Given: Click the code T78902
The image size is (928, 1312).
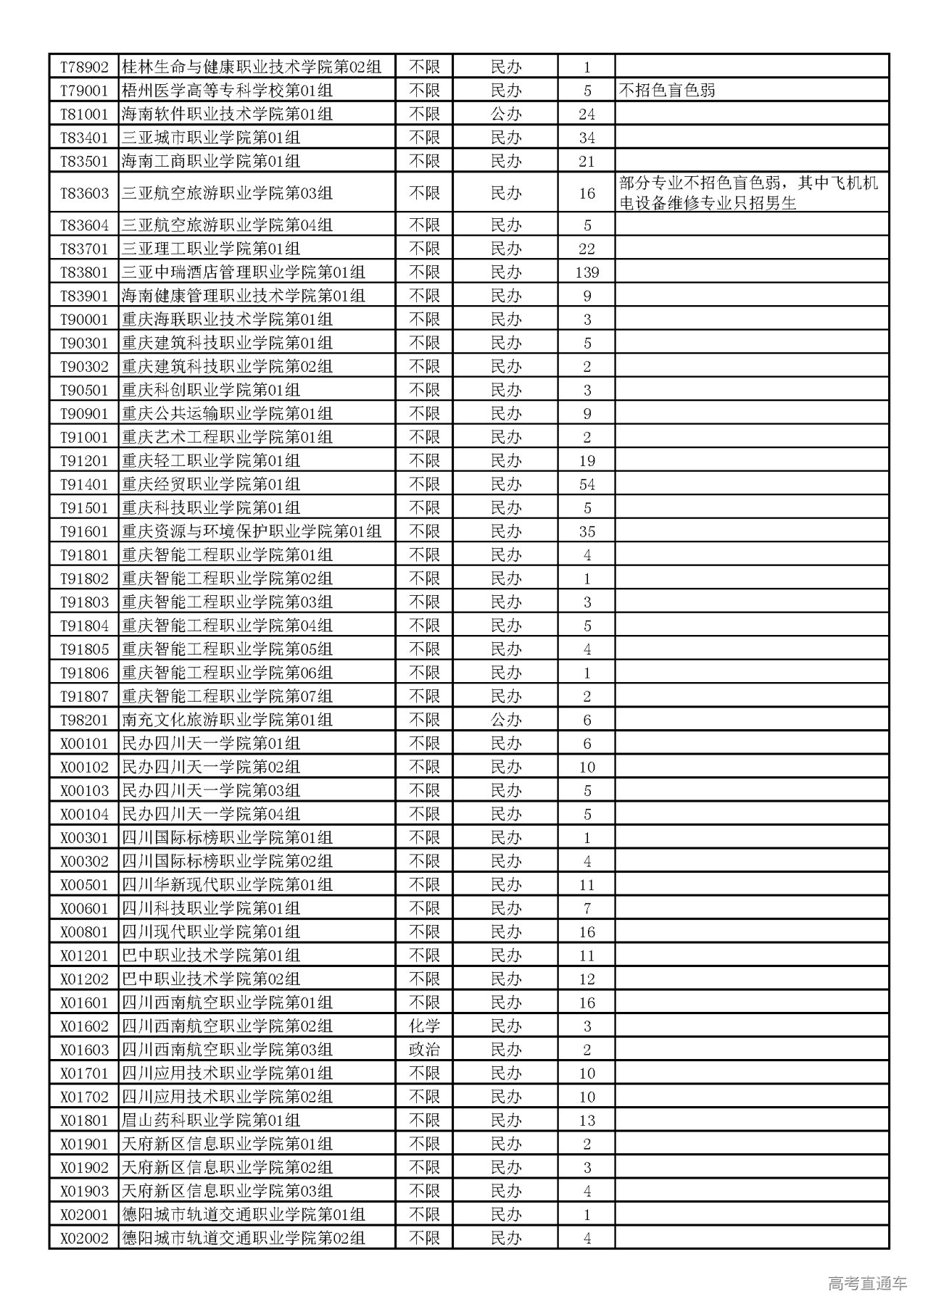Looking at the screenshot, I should pos(84,67).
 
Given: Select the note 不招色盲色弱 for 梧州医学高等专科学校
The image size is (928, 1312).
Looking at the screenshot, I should pos(667,91).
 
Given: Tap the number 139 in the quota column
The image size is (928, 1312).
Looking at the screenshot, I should pos(587,273).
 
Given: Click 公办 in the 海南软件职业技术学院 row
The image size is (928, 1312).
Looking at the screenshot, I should pos(505,115).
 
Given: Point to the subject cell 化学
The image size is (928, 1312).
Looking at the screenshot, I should pos(424,1026).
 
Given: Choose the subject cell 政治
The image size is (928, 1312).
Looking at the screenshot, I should pos(424,1050).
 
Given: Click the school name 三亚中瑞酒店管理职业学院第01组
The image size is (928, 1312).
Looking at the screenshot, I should pos(244,273).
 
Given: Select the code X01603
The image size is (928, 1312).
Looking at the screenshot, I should pos(84,1050).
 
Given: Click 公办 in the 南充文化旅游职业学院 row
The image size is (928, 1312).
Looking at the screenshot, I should pos(505,720).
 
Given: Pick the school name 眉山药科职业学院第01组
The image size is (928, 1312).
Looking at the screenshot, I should pos(211,1121).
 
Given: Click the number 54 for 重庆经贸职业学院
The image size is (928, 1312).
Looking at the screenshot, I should pos(587,484).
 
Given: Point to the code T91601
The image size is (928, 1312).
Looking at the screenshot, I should pos(84,531).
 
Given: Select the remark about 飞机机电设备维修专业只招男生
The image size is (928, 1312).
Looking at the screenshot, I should pos(748,194).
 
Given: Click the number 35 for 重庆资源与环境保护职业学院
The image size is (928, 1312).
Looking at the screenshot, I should pos(587,531).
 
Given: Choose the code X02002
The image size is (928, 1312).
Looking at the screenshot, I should pos(84,1238).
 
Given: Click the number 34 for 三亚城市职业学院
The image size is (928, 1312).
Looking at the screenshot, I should pos(587,138).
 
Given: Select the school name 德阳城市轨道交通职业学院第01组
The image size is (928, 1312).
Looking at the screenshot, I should pos(244,1215).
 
